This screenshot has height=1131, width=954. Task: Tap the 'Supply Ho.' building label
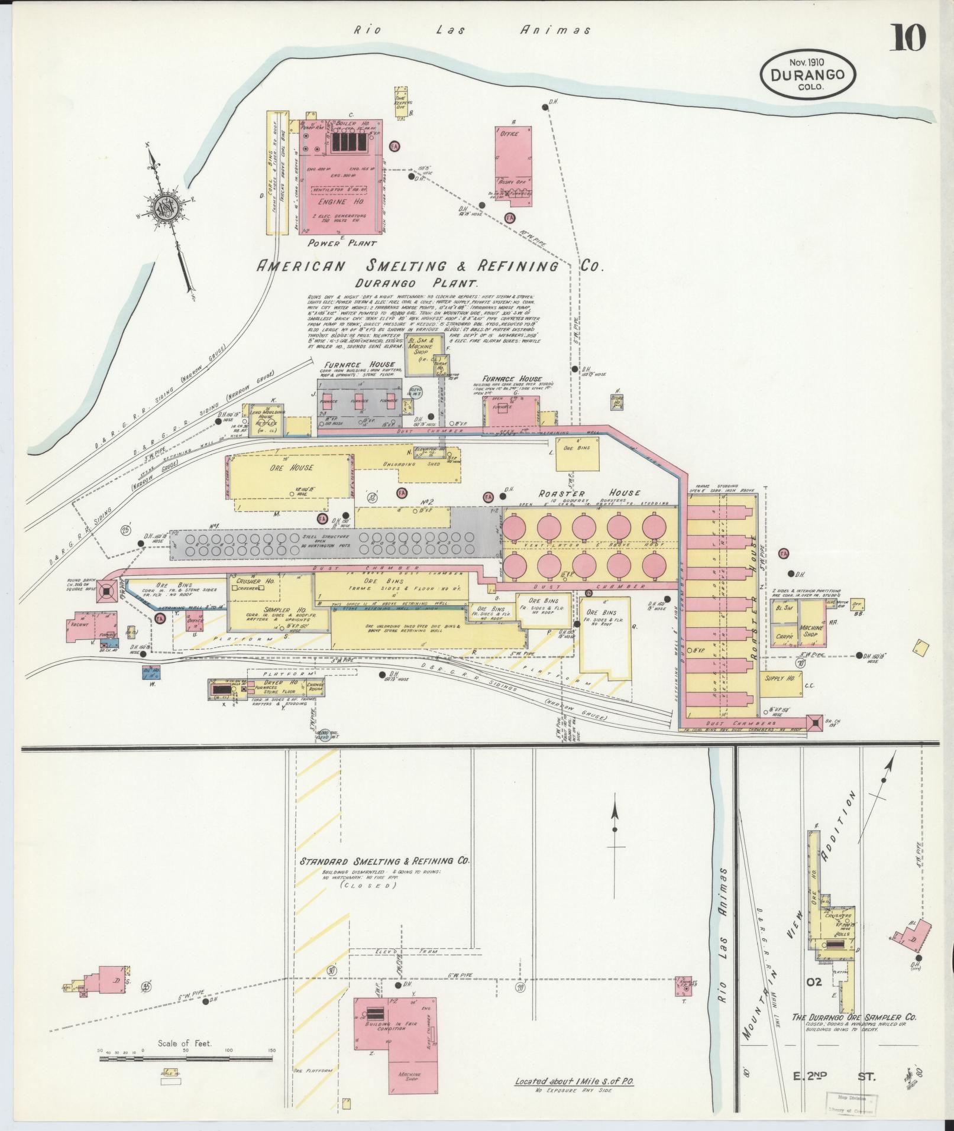click(780, 678)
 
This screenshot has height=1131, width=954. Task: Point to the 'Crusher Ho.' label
click(255, 581)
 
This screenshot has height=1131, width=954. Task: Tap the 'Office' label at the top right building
click(509, 134)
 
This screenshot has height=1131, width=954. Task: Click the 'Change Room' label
click(319, 686)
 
